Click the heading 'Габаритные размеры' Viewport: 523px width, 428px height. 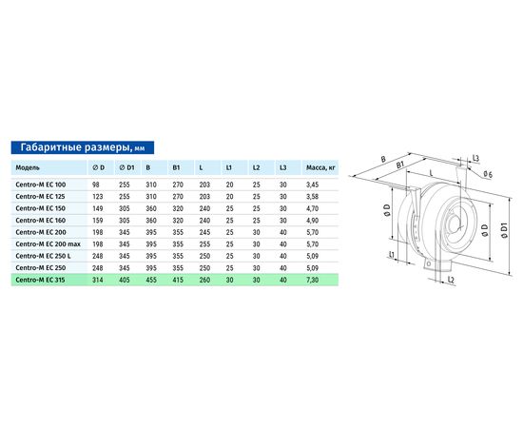point(75,147)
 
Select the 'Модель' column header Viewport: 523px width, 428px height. point(28,167)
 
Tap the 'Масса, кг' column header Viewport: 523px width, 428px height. point(320,167)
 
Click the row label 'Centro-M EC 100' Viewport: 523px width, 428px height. point(41,185)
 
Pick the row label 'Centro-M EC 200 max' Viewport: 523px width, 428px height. point(48,244)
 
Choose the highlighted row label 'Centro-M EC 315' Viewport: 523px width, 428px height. point(40,280)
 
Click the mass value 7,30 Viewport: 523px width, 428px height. point(313,280)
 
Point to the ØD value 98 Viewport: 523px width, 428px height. point(96,185)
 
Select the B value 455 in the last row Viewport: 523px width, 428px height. point(151,280)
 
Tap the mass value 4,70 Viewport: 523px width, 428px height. point(313,208)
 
